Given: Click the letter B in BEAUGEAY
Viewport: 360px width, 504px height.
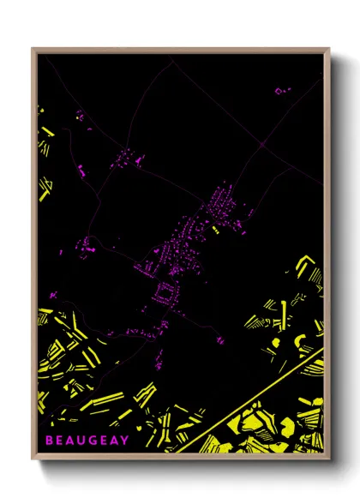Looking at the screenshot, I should [x=48, y=441].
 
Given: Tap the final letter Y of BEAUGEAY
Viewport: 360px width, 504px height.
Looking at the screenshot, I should [x=125, y=441].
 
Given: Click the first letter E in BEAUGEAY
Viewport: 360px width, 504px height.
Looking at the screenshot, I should [x=58, y=441].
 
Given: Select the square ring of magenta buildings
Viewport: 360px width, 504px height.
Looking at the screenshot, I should [x=162, y=296].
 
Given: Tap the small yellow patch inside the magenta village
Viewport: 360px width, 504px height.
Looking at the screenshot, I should [x=215, y=230].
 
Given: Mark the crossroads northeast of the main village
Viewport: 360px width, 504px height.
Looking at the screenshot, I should [x=257, y=147].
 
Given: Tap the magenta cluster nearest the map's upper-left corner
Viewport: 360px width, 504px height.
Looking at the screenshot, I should [x=80, y=115].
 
